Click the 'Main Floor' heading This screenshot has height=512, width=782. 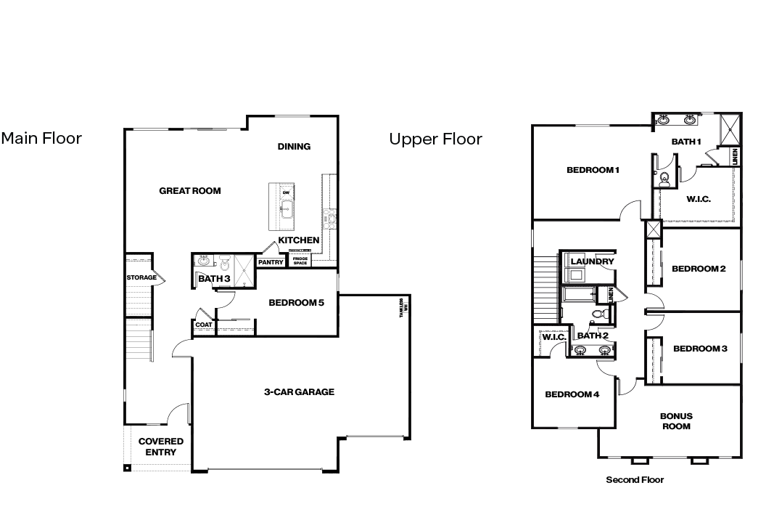pyautogui.click(x=41, y=138)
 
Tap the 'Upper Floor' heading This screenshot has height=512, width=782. pyautogui.click(x=435, y=139)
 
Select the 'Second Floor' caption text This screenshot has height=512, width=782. pyautogui.click(x=635, y=479)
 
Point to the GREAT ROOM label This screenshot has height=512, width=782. pyautogui.click(x=190, y=191)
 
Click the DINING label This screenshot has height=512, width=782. pyautogui.click(x=294, y=147)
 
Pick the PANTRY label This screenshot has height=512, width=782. pyautogui.click(x=271, y=262)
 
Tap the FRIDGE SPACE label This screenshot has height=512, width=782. pyautogui.click(x=300, y=260)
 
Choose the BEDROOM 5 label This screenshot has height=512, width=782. pyautogui.click(x=296, y=303)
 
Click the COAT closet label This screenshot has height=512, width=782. pyautogui.click(x=204, y=325)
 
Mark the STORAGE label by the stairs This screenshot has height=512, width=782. pyautogui.click(x=141, y=277)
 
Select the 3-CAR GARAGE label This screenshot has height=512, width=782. pyautogui.click(x=299, y=392)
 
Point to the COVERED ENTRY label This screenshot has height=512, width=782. pyautogui.click(x=161, y=447)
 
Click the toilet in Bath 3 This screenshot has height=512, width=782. pyautogui.click(x=224, y=264)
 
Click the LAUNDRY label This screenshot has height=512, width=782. pyautogui.click(x=592, y=261)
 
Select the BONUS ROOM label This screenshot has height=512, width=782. pyautogui.click(x=676, y=421)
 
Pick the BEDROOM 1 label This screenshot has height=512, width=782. pyautogui.click(x=593, y=171)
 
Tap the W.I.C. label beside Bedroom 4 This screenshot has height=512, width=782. pyautogui.click(x=554, y=337)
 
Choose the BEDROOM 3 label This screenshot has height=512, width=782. pyautogui.click(x=700, y=349)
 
